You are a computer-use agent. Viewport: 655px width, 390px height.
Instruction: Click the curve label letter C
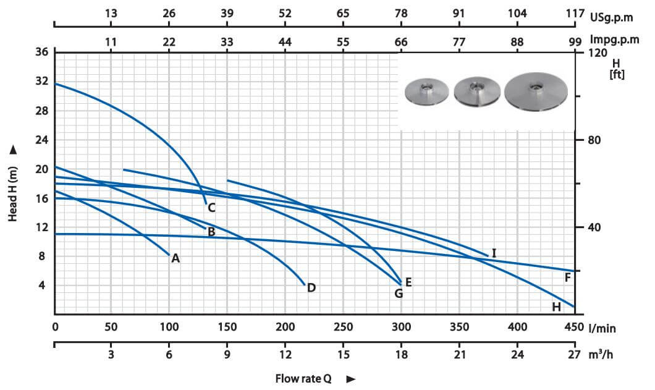point(211,208)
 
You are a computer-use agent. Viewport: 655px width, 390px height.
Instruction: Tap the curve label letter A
point(175,258)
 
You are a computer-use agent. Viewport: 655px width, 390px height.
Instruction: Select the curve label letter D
point(311,287)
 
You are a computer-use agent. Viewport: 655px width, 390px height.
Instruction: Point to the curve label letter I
point(494,253)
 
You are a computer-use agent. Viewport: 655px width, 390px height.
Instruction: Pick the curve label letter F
point(567,277)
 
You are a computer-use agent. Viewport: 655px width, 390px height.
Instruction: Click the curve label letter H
point(556,307)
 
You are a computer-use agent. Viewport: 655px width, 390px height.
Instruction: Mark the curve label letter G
point(399,294)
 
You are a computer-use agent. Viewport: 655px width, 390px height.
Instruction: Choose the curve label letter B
point(211,232)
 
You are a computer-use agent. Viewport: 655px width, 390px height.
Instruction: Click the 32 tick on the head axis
point(41,82)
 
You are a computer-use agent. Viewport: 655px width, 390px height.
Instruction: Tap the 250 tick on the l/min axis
point(343,328)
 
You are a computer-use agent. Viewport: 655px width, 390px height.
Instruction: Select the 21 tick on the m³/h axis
point(459,355)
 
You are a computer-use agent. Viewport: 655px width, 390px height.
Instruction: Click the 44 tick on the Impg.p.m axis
point(285,42)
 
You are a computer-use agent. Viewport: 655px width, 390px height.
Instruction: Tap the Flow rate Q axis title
point(303,378)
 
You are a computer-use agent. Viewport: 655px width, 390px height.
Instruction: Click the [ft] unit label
point(616,75)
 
